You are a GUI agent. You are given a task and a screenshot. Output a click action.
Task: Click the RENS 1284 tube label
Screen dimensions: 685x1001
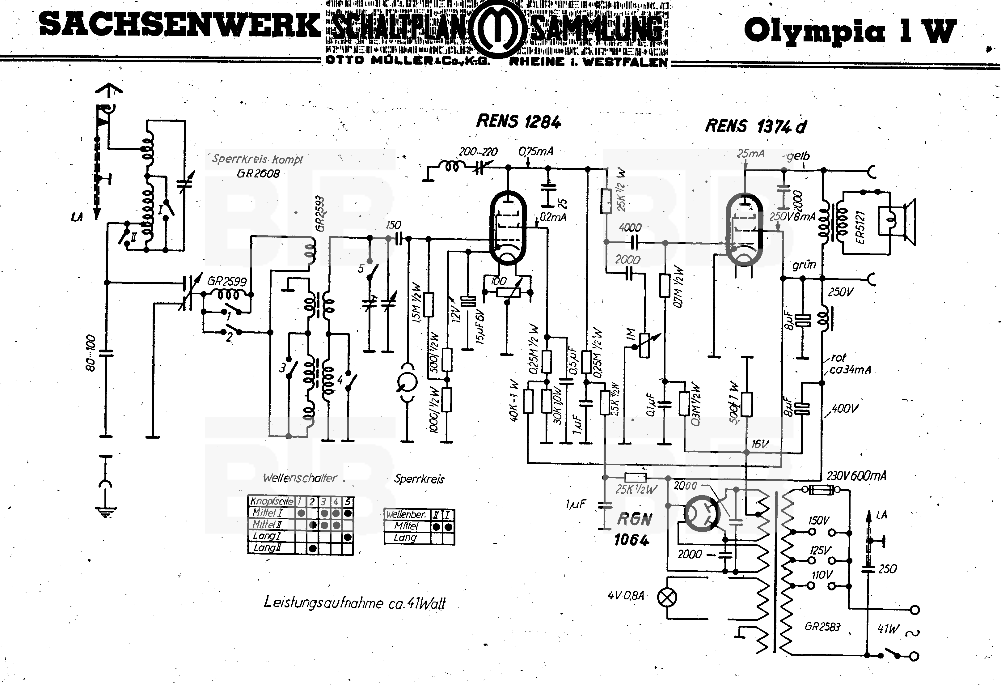[x=519, y=121]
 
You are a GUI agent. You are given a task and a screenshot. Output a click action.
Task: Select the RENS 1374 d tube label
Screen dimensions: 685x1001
[x=755, y=126]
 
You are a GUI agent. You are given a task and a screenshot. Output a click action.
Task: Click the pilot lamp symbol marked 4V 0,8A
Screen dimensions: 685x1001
[x=667, y=598]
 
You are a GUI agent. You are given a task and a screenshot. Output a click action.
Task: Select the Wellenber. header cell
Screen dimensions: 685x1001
[x=406, y=514]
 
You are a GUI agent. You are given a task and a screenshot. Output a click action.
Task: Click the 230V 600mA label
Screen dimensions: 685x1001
[x=856, y=476]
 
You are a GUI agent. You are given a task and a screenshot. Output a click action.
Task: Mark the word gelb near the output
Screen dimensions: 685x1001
[x=798, y=156]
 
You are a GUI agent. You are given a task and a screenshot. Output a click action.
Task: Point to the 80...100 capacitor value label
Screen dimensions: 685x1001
[x=91, y=353]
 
